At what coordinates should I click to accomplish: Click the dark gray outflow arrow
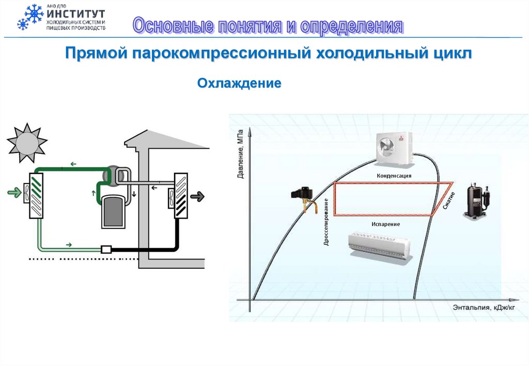coord(197,196)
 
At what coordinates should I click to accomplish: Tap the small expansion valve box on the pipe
coord(107,249)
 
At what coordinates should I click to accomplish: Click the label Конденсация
coord(394,176)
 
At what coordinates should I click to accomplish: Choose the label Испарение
coord(385,224)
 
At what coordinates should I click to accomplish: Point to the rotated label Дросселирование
coord(326,221)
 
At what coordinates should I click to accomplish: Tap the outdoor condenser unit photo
coord(394,147)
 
